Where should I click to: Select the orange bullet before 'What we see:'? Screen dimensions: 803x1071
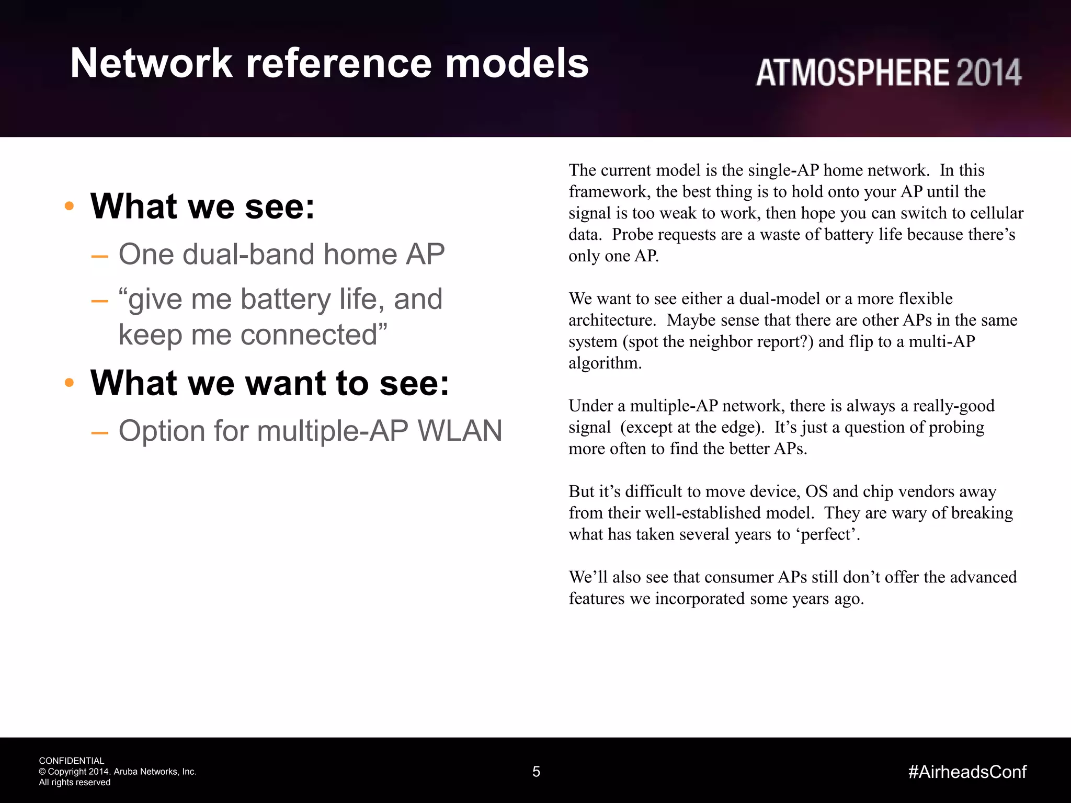click(x=69, y=206)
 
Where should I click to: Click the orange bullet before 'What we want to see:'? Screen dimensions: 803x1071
click(x=69, y=383)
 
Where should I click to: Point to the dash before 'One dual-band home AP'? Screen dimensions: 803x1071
click(x=99, y=256)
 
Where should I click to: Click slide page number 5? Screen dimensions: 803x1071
click(x=536, y=772)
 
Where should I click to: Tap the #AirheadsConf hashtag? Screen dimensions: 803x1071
click(x=967, y=772)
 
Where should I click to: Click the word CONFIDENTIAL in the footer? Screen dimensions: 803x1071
click(x=72, y=761)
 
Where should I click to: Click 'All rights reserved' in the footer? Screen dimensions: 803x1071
click(x=75, y=782)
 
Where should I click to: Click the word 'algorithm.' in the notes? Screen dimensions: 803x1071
click(x=605, y=363)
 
